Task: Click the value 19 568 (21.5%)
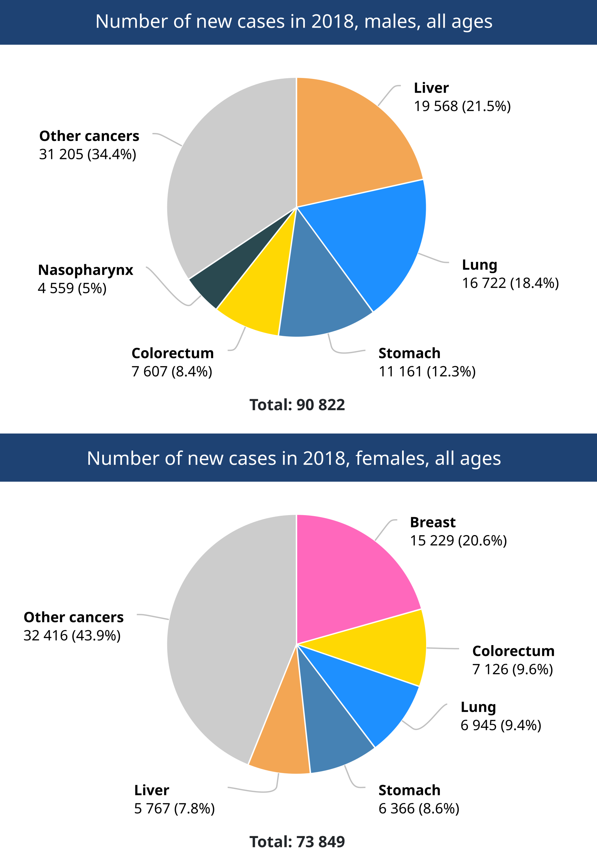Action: coord(462,106)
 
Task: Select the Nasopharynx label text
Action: coord(85,270)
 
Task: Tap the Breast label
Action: coord(432,522)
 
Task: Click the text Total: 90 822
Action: coord(297,405)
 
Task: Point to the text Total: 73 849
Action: coord(297,841)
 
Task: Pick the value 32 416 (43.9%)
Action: coord(72,636)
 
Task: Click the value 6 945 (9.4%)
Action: coord(501,725)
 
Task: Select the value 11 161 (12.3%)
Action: coord(427,372)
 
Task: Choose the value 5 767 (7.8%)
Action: coord(174,808)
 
